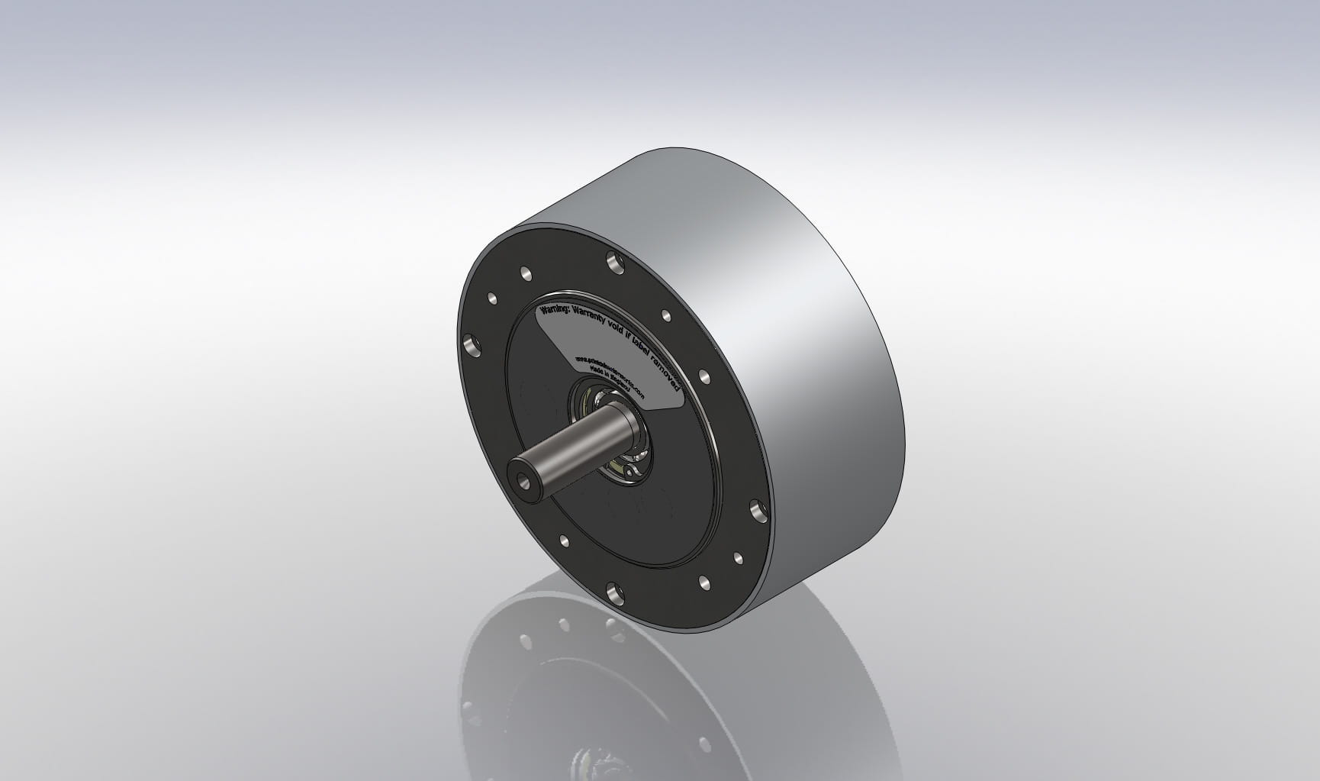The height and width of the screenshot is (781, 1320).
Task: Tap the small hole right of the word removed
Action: [704, 376]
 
